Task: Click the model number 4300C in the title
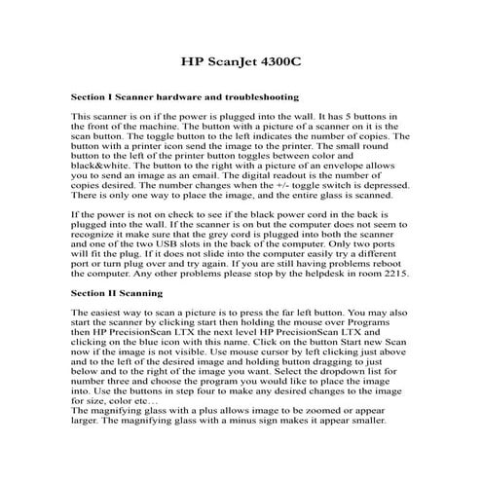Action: click(278, 59)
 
